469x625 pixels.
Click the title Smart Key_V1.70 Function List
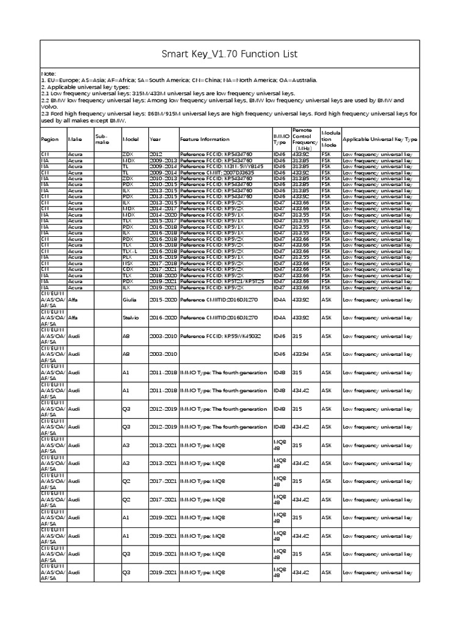(x=229, y=54)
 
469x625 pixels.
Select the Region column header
(x=49, y=139)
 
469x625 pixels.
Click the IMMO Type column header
(x=280, y=139)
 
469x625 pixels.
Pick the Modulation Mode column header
(x=329, y=139)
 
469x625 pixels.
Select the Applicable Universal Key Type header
(x=380, y=139)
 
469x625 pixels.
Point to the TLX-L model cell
(x=131, y=251)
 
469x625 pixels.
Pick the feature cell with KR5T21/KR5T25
(x=223, y=281)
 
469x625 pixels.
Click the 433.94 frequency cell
(x=301, y=355)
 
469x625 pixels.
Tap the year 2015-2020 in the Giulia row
(x=162, y=300)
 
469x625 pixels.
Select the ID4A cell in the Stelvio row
(x=279, y=318)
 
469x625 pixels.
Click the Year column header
(x=155, y=139)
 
